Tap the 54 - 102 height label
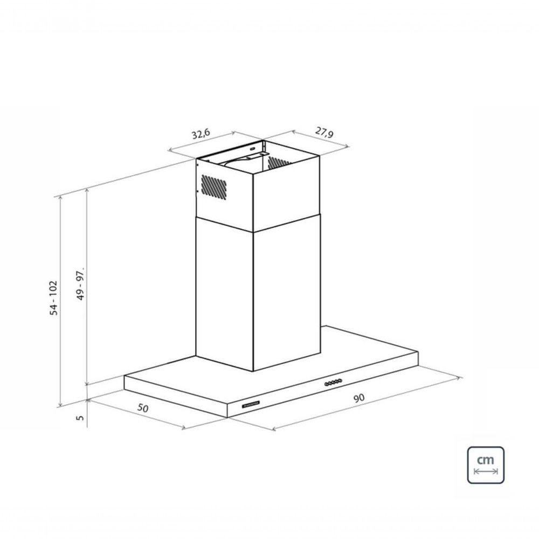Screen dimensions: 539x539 tap(53, 298)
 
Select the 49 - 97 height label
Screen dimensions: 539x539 tap(80, 284)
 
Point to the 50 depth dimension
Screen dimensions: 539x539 tap(143, 407)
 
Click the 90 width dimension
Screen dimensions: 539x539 tap(358, 398)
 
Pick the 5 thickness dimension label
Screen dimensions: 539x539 tap(80, 418)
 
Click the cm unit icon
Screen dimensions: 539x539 tap(486, 465)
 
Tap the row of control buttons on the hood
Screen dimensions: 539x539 tap(333, 382)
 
